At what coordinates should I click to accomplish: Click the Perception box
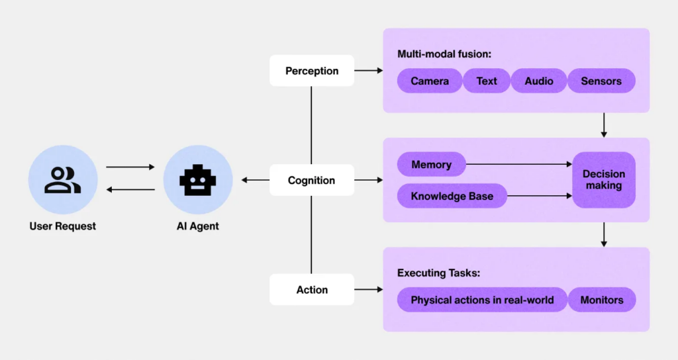click(x=312, y=71)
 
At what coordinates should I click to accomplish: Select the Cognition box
click(x=312, y=180)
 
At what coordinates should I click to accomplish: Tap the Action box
click(x=312, y=290)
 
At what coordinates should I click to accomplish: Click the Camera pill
click(x=430, y=81)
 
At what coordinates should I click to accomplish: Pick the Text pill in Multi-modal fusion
click(x=487, y=81)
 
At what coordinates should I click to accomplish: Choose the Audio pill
click(x=539, y=81)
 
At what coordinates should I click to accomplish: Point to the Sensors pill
click(x=601, y=81)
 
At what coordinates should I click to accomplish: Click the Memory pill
click(x=431, y=165)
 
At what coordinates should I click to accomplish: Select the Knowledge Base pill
click(x=452, y=196)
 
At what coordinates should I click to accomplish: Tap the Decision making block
click(x=603, y=180)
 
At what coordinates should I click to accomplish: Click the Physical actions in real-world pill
click(x=482, y=300)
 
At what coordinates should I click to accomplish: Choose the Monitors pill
click(x=602, y=300)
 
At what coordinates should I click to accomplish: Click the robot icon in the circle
click(x=198, y=180)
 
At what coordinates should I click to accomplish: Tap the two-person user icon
click(x=63, y=180)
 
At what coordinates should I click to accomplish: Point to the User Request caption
click(x=63, y=226)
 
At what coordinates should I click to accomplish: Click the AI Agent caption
click(x=198, y=226)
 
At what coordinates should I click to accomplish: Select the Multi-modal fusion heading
click(x=444, y=54)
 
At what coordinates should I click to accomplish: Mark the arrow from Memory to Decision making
click(x=519, y=165)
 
